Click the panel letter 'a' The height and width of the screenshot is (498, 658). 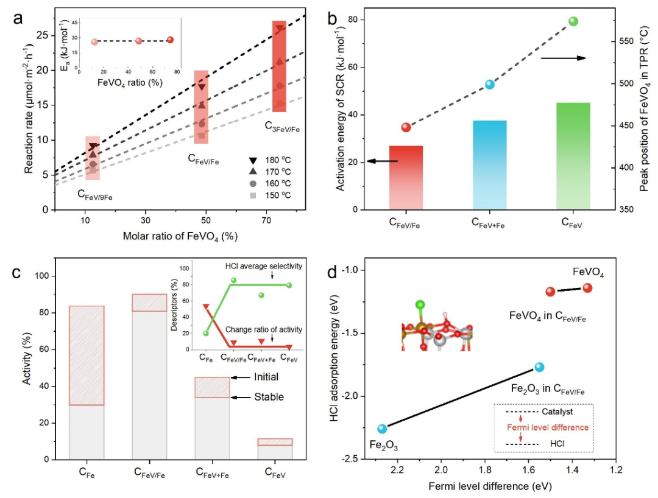[x=18, y=18]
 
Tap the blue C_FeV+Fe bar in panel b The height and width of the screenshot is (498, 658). [x=489, y=164]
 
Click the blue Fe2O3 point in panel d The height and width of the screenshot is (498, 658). [x=382, y=429]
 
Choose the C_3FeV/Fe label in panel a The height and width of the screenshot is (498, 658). [x=282, y=126]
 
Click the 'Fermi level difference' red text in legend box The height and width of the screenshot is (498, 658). [x=548, y=427]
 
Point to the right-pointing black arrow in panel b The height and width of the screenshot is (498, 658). [x=563, y=58]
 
